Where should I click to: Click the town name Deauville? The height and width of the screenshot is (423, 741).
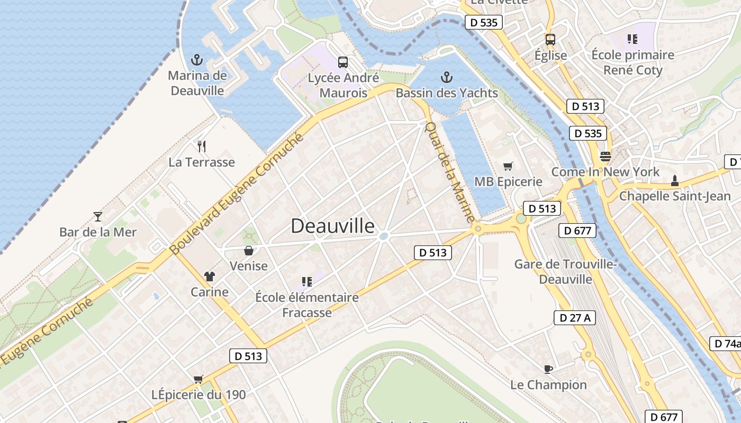click(x=332, y=226)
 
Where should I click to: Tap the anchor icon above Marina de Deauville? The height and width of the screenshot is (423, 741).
click(x=197, y=60)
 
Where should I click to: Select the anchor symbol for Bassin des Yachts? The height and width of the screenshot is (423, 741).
click(x=447, y=78)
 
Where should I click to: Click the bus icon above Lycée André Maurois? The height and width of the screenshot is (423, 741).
click(x=343, y=62)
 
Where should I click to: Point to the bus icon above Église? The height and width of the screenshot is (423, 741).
click(x=550, y=40)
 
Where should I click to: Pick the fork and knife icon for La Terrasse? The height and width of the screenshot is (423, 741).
click(x=201, y=146)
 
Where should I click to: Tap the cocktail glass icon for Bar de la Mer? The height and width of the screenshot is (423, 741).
click(x=98, y=216)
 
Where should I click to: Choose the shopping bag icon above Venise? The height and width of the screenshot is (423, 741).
click(x=248, y=251)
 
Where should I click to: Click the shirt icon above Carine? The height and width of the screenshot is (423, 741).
click(x=210, y=277)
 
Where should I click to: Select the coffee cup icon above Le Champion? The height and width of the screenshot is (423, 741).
click(x=548, y=369)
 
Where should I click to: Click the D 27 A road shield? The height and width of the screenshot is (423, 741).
click(x=575, y=318)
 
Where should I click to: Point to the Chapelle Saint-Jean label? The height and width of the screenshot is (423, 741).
click(x=674, y=196)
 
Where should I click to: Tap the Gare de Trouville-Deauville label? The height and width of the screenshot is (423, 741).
click(x=566, y=271)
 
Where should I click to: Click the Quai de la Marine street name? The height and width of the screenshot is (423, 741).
click(x=450, y=172)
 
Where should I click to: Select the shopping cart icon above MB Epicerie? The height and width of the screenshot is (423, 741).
click(x=508, y=167)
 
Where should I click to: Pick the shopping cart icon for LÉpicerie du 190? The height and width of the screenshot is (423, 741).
click(x=198, y=379)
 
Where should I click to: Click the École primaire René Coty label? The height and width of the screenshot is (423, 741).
click(x=632, y=62)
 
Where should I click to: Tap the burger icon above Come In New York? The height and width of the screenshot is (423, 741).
click(x=605, y=157)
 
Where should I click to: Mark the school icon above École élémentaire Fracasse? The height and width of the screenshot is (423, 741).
click(x=306, y=282)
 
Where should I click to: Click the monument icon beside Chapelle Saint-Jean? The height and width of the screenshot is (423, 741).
click(x=674, y=181)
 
